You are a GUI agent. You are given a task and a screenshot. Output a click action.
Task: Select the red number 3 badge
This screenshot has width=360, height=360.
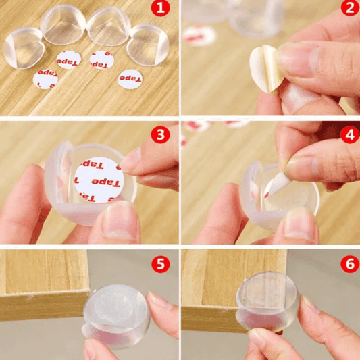[161, 134]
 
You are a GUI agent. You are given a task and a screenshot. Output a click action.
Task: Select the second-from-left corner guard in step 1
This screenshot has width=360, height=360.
[63, 26]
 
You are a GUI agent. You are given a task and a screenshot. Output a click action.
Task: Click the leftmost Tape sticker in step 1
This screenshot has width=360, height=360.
[45, 79]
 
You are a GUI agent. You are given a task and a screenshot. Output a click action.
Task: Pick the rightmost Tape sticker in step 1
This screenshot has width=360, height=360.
[130, 79]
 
